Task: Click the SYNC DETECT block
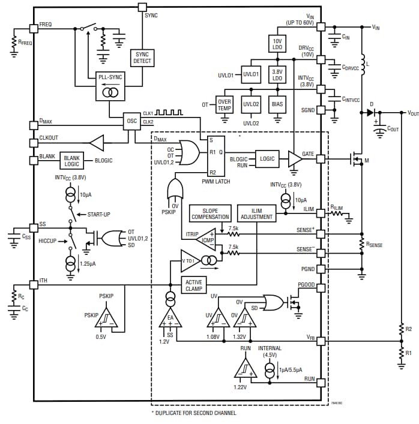click(142, 58)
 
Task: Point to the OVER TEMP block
click(224, 104)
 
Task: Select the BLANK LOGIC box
click(71, 160)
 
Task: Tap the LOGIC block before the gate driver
click(267, 158)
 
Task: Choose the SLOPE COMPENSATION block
click(210, 213)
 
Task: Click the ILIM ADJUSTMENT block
click(256, 213)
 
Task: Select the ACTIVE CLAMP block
click(194, 285)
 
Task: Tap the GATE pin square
click(321, 159)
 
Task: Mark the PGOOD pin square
click(321, 287)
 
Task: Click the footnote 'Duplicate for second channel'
click(193, 413)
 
